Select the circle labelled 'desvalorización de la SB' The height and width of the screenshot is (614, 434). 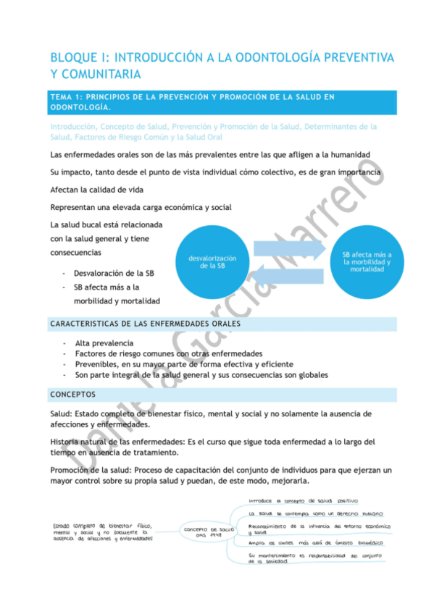pyautogui.click(x=212, y=261)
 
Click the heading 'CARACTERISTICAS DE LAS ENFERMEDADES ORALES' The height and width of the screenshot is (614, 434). pyautogui.click(x=145, y=323)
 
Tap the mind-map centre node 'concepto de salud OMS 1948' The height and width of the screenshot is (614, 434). pyautogui.click(x=208, y=533)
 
